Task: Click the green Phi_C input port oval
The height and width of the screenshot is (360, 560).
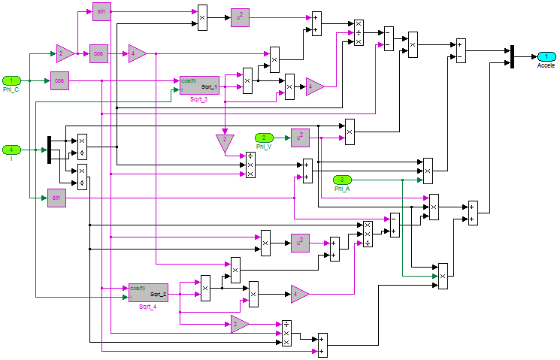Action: [x=11, y=80]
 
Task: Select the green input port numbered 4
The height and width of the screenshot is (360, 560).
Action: [x=11, y=150]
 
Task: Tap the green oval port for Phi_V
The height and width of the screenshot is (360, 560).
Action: [x=264, y=138]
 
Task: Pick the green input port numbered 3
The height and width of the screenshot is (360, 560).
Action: [x=342, y=180]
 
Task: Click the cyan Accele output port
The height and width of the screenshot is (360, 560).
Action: [x=546, y=56]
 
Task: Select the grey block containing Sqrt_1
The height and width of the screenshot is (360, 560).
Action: [x=199, y=85]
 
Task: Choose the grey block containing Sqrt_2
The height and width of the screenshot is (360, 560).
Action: [x=148, y=292]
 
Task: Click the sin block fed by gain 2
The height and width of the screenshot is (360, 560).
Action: [x=101, y=11]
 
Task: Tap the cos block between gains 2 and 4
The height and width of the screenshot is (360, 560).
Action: [x=99, y=53]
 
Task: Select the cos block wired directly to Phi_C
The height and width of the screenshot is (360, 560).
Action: [x=60, y=80]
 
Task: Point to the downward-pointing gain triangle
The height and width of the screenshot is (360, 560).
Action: [x=225, y=143]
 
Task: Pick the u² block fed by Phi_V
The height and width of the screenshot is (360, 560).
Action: [x=300, y=138]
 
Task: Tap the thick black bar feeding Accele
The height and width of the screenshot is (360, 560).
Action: [x=512, y=56]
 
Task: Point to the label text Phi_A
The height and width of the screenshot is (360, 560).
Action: [x=343, y=189]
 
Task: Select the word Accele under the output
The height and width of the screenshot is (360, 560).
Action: [x=546, y=65]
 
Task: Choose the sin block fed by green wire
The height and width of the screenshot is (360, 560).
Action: [x=56, y=198]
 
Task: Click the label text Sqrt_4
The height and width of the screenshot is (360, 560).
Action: [x=148, y=307]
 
